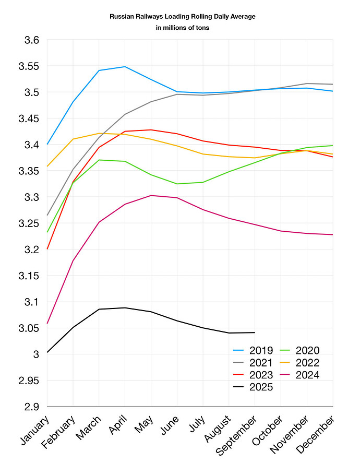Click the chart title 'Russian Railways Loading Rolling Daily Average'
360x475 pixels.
182,17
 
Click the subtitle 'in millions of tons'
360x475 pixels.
182,28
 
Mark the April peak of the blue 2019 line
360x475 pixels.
125,66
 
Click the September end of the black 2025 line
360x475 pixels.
255,332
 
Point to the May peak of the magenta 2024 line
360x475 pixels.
151,195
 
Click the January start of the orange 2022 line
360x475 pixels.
47,166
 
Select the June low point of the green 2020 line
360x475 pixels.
177,184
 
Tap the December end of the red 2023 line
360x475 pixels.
332,157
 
